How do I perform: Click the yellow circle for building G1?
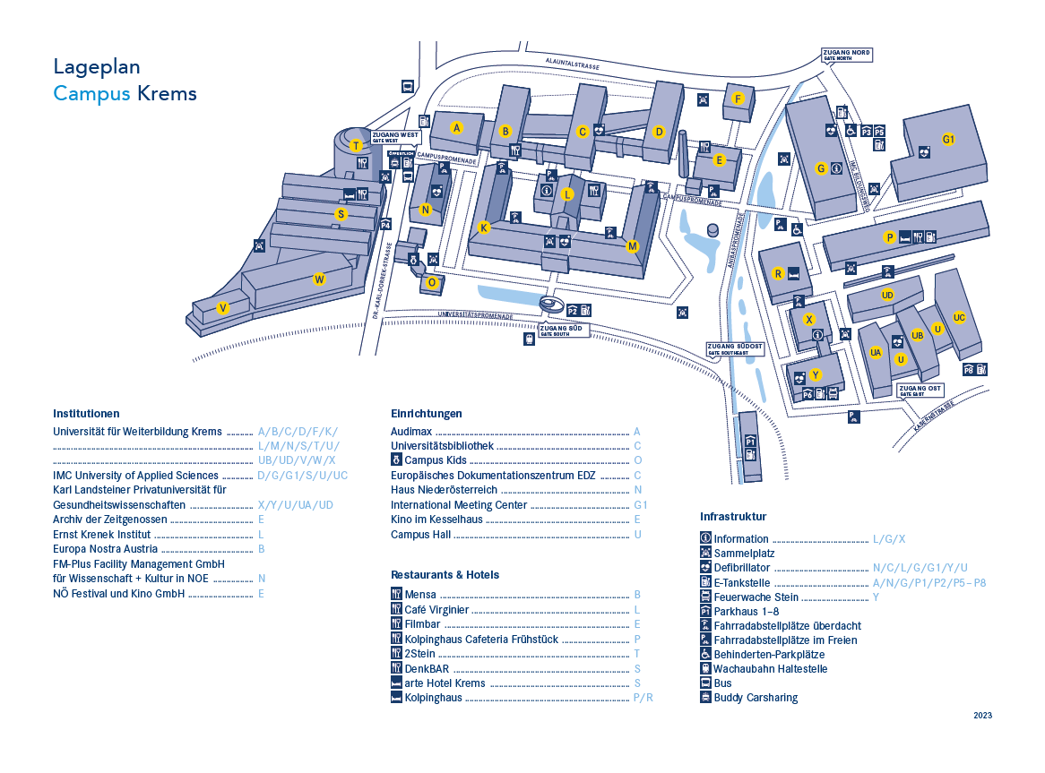948,139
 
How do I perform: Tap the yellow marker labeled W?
319,279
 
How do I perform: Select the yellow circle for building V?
223,308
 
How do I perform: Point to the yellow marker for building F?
738,99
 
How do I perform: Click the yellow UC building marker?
959,317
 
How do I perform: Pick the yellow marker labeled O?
432,283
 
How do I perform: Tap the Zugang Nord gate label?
847,55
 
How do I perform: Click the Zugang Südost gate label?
735,348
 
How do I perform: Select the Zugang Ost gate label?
920,390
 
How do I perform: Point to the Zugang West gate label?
395,137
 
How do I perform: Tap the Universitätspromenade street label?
475,315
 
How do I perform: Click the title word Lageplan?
97,66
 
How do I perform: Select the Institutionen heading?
86,414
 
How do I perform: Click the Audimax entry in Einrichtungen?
411,432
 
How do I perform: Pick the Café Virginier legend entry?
436,610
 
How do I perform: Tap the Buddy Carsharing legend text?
756,698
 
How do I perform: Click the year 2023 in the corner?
982,716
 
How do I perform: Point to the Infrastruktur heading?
733,517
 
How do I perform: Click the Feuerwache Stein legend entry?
756,597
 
